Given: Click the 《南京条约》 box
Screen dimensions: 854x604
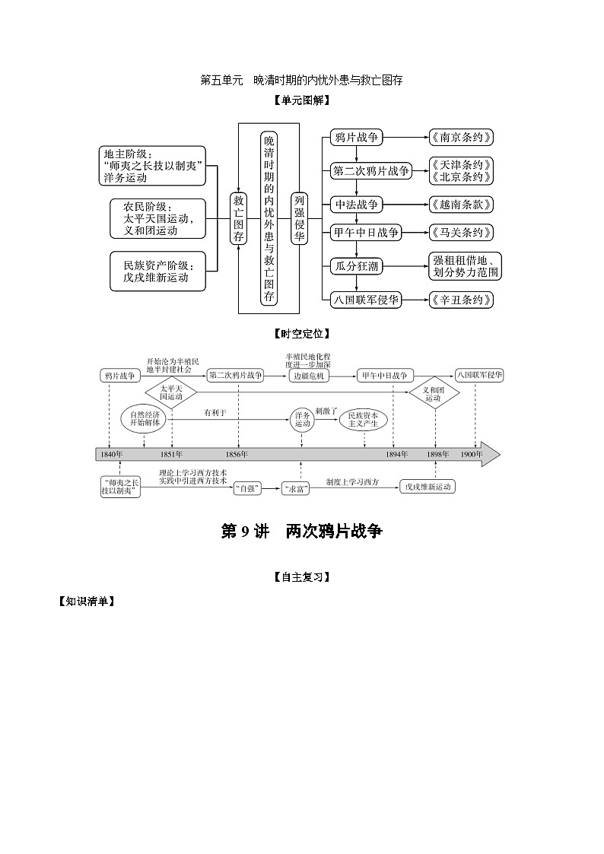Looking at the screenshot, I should click(x=461, y=138).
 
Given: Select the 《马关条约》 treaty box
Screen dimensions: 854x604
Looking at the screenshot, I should click(x=461, y=233).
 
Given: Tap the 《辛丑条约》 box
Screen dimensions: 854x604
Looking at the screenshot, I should click(x=461, y=300).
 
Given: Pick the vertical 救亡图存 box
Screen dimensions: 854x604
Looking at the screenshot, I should click(x=239, y=218).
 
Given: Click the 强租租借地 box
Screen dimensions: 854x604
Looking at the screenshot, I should click(x=465, y=265).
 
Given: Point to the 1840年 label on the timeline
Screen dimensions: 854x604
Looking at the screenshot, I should click(x=110, y=454).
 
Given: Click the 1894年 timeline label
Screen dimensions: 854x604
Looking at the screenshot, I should click(x=396, y=454).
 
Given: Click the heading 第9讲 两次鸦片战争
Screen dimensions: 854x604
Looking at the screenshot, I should click(x=301, y=532).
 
